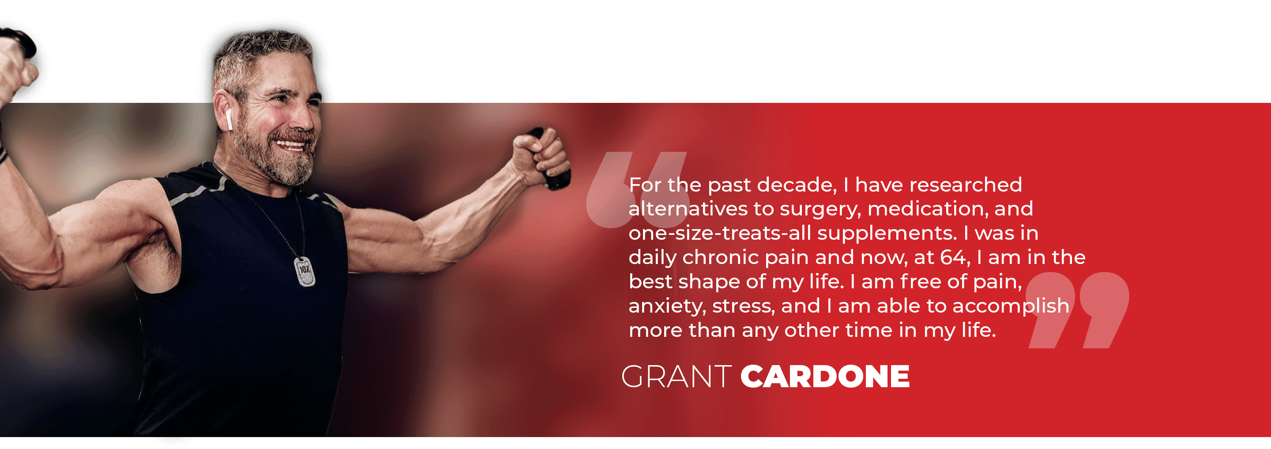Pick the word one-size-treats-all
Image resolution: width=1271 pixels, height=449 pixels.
[720, 233]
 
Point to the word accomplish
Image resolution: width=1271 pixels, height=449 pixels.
[1011, 306]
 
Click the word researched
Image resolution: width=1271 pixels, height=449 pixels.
[966, 185]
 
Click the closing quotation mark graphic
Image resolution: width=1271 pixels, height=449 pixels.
[1079, 310]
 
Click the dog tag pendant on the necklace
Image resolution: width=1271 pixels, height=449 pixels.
[305, 271]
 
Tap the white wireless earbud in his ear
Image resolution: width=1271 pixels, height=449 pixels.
[229, 120]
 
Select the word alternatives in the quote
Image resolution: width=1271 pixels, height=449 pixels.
[688, 209]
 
